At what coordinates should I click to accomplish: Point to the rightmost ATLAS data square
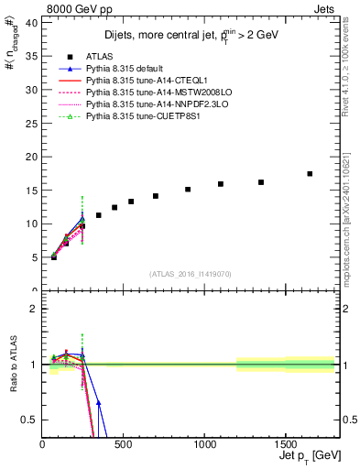pyautogui.click(x=310, y=173)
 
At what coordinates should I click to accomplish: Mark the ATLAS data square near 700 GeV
pyautogui.click(x=156, y=196)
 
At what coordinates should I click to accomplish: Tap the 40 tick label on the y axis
pyautogui.click(x=33, y=21)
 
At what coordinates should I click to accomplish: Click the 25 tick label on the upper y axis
pyautogui.click(x=33, y=123)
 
